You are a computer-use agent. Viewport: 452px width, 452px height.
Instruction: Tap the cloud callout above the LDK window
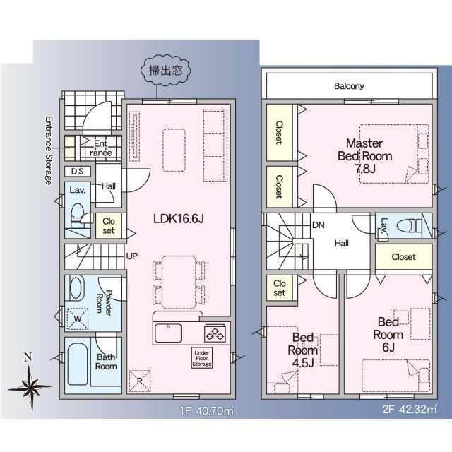point(165,71)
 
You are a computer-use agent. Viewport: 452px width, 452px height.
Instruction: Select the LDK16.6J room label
point(179,219)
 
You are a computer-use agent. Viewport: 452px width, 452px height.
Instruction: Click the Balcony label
point(349,86)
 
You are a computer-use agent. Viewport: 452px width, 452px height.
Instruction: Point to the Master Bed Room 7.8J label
point(364,155)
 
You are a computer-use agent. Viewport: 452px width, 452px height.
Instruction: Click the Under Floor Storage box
point(202,358)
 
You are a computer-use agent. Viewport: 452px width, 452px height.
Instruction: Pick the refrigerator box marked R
point(140,381)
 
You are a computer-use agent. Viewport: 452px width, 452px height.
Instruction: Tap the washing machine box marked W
point(78,319)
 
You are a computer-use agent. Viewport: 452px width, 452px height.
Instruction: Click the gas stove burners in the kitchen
point(215,333)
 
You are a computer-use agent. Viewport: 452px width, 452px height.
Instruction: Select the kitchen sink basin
point(168,333)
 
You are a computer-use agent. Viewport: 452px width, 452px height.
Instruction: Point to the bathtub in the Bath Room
point(78,364)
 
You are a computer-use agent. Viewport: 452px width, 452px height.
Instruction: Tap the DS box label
point(77,172)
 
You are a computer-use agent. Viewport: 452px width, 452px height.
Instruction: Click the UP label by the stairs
point(132,256)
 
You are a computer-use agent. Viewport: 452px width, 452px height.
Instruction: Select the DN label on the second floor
point(319,225)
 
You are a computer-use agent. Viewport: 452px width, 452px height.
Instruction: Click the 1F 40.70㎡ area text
point(207,410)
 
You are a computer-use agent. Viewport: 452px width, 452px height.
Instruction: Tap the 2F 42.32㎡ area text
point(410,410)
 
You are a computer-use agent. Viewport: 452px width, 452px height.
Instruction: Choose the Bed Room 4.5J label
point(303,350)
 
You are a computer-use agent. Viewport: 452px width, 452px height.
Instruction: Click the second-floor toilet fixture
point(410,226)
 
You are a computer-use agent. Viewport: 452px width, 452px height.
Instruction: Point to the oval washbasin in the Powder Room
point(76,287)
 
